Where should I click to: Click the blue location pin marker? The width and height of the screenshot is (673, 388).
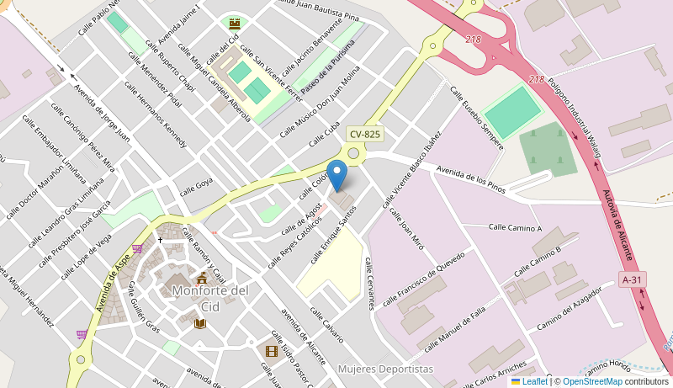point(336,175)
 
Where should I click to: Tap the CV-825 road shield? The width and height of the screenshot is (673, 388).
point(365,134)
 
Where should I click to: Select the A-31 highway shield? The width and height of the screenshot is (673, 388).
point(633,279)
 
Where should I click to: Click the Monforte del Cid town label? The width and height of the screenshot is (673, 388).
point(210,298)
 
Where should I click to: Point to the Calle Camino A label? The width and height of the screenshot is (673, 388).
point(516,227)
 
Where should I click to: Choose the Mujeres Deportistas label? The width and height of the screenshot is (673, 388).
point(385,369)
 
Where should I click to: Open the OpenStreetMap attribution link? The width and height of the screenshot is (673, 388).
point(592,381)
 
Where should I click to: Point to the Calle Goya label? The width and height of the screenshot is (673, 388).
point(196,184)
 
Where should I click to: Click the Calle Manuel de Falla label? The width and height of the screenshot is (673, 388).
point(455,329)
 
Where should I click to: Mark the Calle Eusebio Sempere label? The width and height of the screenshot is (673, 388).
point(476,117)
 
